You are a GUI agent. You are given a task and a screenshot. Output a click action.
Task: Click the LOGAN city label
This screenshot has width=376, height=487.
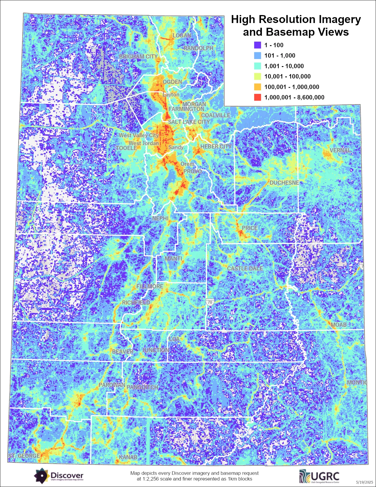tap(182, 35)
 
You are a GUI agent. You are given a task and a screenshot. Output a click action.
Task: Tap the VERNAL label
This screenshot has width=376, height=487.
tap(340, 150)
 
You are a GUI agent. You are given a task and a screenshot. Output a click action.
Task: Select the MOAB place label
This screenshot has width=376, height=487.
tap(338, 325)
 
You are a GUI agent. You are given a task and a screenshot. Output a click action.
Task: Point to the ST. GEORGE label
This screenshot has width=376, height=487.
tap(24, 456)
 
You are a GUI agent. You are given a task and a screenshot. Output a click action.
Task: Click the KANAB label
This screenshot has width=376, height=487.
tap(128, 457)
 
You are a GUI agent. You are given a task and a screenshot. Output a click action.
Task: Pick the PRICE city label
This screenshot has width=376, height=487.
tap(250, 228)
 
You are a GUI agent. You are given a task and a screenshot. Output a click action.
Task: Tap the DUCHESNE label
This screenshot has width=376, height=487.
tap(284, 183)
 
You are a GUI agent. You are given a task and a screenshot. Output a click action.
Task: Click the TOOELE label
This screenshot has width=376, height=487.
tap(126, 148)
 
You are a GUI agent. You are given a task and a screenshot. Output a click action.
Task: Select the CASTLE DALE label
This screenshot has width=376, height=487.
tap(245, 268)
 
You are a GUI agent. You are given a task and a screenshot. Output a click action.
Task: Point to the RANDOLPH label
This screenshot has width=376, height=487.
tap(198, 48)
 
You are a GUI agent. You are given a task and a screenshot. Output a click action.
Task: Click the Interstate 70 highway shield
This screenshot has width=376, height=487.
tap(210, 302)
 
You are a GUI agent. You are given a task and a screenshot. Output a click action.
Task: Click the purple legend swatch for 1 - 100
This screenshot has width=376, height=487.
tap(257, 45)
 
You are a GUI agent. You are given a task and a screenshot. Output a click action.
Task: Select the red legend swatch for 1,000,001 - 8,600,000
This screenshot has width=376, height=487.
tap(257, 97)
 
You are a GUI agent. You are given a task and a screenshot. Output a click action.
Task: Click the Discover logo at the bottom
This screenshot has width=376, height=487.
tap(59, 475)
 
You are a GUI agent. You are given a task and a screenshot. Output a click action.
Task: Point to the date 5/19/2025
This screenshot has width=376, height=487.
tap(364, 482)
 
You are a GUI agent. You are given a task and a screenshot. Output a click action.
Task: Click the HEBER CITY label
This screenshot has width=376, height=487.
tap(216, 146)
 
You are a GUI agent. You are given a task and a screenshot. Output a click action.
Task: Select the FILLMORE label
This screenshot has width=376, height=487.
tap(150, 286)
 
